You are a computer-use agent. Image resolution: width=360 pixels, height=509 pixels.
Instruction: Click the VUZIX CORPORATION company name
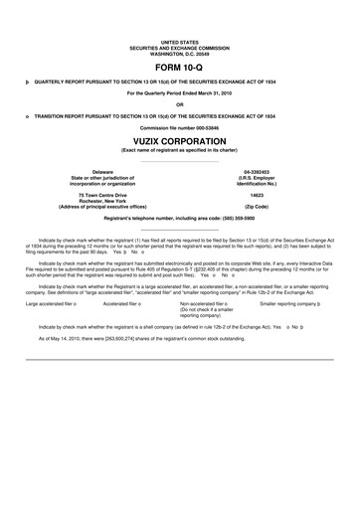[179, 141]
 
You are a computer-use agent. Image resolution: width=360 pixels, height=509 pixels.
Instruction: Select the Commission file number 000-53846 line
[179, 129]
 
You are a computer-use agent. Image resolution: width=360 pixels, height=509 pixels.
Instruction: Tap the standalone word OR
[179, 104]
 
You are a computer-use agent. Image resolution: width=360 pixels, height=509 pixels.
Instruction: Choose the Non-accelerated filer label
[202, 303]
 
